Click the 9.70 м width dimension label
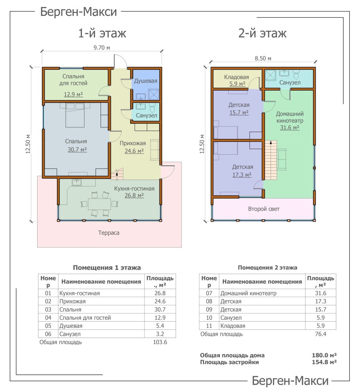[102, 47]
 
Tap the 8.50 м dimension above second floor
[263, 58]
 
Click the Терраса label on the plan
[109, 233]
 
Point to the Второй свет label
[264, 209]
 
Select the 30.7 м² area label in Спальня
[77, 150]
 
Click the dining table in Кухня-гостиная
[100, 204]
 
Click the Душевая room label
[146, 81]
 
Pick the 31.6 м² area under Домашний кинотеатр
[290, 127]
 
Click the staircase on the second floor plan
[271, 160]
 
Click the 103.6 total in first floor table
[160, 342]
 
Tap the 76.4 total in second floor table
[320, 334]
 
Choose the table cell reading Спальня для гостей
[85, 318]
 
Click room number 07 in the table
[209, 293]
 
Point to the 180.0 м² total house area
[324, 355]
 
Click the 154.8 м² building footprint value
[324, 362]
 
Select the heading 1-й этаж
[102, 33]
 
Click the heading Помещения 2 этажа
[267, 267]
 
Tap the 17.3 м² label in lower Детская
[242, 175]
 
